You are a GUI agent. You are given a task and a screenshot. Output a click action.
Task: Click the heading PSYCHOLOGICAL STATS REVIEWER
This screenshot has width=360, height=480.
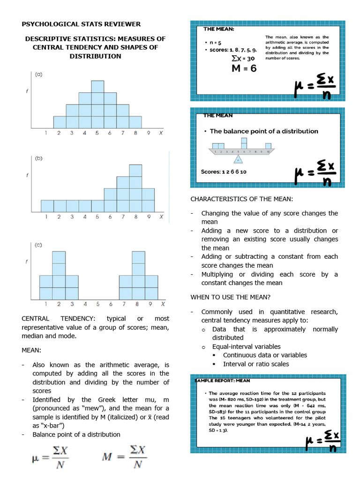(81, 24)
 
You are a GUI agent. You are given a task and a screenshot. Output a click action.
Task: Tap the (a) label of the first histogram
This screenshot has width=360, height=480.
(40, 74)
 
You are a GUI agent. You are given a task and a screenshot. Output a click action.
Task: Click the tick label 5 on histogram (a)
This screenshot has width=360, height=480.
(97, 133)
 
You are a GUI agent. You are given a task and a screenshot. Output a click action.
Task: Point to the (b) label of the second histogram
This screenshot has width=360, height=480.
(40, 158)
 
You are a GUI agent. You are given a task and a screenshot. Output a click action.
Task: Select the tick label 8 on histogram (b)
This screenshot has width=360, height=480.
(135, 217)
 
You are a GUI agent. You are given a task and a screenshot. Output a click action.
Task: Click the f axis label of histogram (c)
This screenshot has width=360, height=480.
(27, 262)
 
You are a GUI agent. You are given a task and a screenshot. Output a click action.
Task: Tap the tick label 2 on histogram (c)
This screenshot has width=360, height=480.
(59, 304)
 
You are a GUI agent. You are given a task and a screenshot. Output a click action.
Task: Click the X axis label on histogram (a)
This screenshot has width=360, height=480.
(161, 133)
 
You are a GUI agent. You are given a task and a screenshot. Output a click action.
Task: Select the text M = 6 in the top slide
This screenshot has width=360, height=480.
(243, 68)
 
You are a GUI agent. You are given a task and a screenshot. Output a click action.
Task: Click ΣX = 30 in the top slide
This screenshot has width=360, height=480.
(243, 59)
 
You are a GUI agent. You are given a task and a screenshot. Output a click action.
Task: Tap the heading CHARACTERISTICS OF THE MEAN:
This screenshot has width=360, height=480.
(241, 199)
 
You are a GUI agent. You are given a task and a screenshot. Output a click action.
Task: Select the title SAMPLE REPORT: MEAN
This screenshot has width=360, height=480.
(223, 381)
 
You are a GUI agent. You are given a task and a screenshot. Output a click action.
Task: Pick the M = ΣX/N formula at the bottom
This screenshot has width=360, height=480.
(124, 458)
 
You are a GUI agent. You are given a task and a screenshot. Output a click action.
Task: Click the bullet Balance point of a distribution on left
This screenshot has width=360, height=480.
(76, 435)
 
